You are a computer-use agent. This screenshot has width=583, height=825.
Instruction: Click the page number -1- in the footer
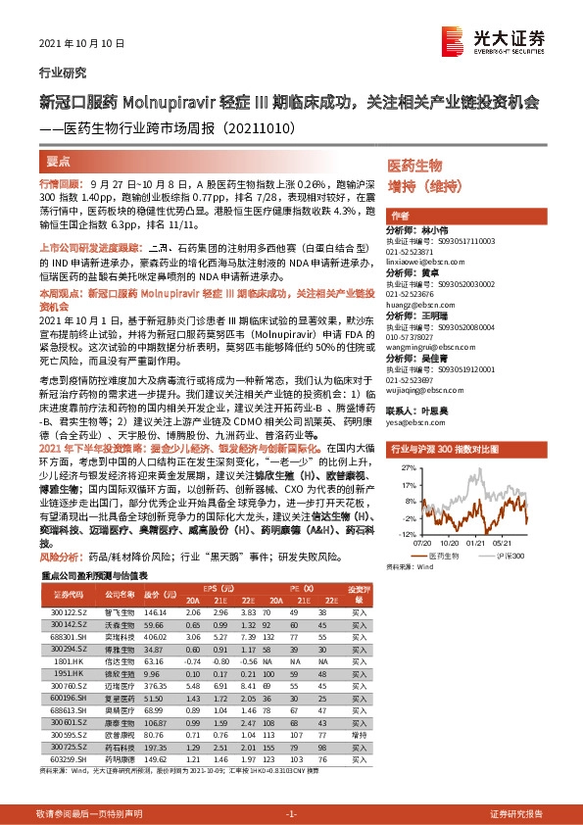(x=291, y=813)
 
